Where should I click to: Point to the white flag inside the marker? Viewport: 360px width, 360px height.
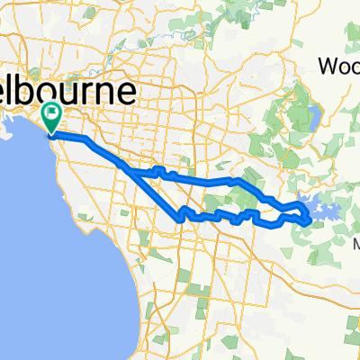pyautogui.click(x=51, y=113)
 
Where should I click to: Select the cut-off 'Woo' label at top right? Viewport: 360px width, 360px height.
pyautogui.click(x=340, y=66)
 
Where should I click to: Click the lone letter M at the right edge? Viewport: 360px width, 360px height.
pyautogui.click(x=355, y=245)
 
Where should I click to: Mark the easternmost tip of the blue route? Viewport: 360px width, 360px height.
pyautogui.click(x=311, y=217)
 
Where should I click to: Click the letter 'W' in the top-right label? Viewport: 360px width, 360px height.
pyautogui.click(x=329, y=66)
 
